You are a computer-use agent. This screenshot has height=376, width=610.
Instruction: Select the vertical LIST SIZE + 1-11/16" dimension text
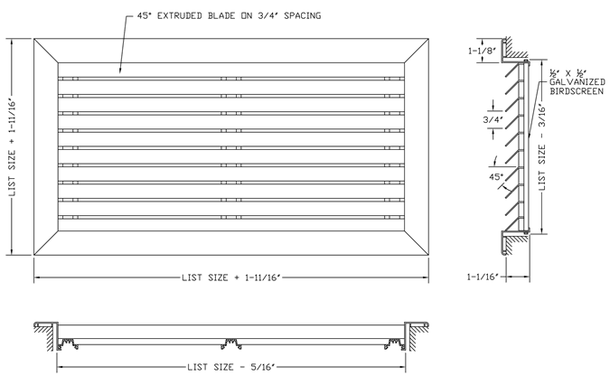pyautogui.click(x=13, y=149)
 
